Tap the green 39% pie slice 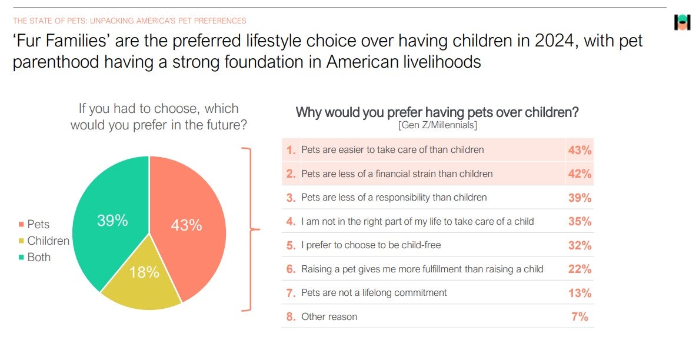click(111, 218)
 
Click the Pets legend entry click(34, 224)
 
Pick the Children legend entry click(44, 241)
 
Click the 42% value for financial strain click(580, 174)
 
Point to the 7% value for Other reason click(580, 316)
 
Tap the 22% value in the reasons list click(580, 269)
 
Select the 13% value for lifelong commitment click(580, 293)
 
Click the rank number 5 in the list click(291, 245)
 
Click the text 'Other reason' click(329, 316)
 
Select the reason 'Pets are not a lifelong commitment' click(374, 292)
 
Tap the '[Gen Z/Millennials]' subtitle click(438, 125)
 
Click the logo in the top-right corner click(682, 22)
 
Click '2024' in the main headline click(555, 41)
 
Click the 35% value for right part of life click(580, 222)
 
